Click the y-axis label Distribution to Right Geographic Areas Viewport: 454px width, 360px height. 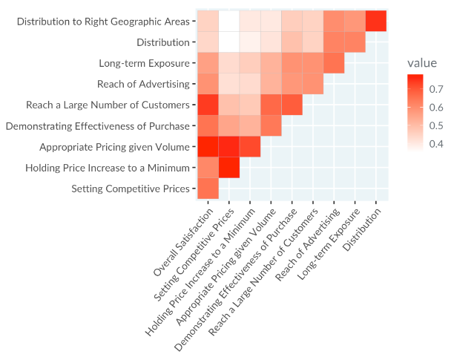tap(103, 22)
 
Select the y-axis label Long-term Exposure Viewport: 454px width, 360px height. tap(144, 63)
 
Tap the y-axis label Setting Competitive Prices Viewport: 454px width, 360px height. tap(131, 189)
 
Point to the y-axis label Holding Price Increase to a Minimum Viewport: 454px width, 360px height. tap(108, 168)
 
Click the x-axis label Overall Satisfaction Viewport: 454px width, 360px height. tap(183, 242)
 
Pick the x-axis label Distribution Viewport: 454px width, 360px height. tap(362, 229)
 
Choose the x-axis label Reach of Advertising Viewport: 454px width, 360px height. tap(307, 245)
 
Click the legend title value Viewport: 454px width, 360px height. tap(422, 63)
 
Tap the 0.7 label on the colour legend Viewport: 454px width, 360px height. tap(436, 89)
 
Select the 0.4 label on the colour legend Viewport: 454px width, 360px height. tap(436, 144)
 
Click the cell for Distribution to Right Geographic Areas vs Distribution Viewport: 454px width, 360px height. tap(376, 21)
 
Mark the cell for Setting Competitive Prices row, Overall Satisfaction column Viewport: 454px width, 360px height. tap(208, 189)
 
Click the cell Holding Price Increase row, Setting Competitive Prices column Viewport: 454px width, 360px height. tap(229, 168)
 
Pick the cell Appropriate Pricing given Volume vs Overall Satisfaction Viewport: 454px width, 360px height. tap(208, 146)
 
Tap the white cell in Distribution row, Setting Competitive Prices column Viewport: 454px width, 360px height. tap(229, 42)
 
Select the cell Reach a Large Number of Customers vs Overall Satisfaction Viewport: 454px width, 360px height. tap(208, 105)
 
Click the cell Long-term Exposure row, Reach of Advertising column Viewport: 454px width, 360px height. tap(334, 63)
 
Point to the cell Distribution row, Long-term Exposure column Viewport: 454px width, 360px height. tap(355, 42)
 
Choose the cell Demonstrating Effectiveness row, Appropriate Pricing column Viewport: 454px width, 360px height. tap(271, 125)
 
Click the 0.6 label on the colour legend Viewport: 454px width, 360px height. tap(436, 108)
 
